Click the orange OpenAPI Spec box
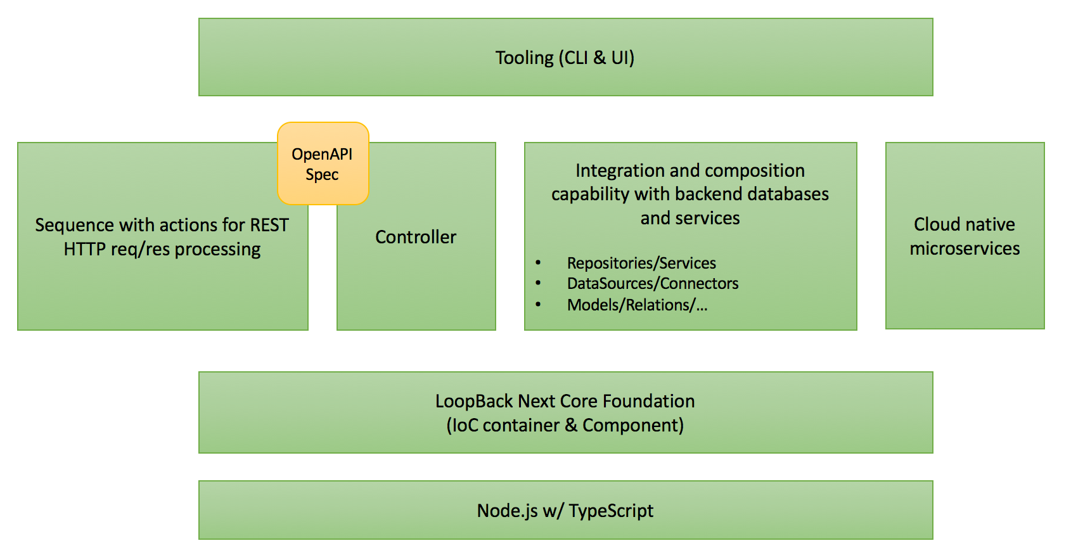click(x=323, y=163)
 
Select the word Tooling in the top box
click(x=524, y=58)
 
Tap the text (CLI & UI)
click(x=596, y=58)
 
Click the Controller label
click(x=416, y=237)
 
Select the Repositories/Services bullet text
click(x=641, y=263)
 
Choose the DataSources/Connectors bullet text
click(x=653, y=283)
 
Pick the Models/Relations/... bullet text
click(x=637, y=305)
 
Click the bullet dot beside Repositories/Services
click(x=538, y=262)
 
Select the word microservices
click(x=965, y=248)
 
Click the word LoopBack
click(x=473, y=401)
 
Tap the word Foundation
click(x=648, y=401)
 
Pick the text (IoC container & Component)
click(x=565, y=425)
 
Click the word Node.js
click(x=507, y=511)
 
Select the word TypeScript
click(x=611, y=511)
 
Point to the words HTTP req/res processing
click(x=162, y=249)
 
